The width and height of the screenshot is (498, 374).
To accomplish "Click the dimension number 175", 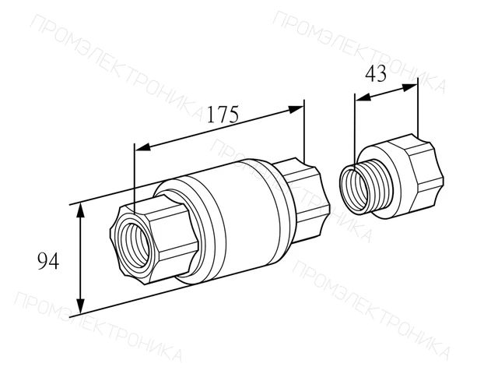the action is coord(223,115).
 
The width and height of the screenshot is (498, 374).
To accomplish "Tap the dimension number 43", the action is coord(376,74).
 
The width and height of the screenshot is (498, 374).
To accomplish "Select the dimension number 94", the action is coord(48,261).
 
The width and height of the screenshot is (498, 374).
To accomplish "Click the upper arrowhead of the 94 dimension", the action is coord(81,211).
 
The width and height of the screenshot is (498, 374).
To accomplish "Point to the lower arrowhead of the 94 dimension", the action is coord(81,306).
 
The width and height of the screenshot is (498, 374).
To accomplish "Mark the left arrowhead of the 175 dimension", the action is coord(143,146).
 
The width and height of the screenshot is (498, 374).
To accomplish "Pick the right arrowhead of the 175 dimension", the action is coord(296,109).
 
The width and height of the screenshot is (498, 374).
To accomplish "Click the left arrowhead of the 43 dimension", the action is coord(363,97).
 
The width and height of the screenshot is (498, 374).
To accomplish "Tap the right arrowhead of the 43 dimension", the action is coord(410,87).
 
